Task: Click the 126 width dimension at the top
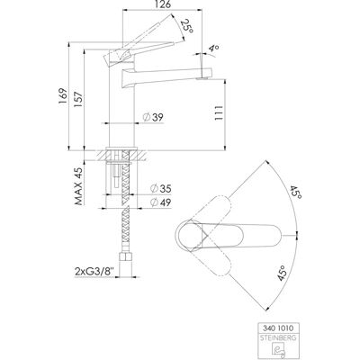(x=164, y=4)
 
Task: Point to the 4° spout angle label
(x=213, y=49)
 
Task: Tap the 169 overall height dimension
(x=62, y=96)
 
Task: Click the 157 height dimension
(x=78, y=99)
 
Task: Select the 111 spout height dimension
(x=218, y=112)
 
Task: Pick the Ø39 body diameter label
(x=153, y=117)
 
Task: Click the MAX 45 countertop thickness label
(x=78, y=185)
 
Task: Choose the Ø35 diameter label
(x=160, y=188)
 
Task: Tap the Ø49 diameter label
(x=160, y=202)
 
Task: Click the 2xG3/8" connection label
(x=94, y=272)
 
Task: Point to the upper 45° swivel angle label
(x=295, y=192)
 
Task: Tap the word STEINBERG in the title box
(x=278, y=337)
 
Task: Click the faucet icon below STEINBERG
(x=278, y=350)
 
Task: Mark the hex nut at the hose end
(x=127, y=257)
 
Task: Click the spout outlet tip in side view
(x=202, y=78)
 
